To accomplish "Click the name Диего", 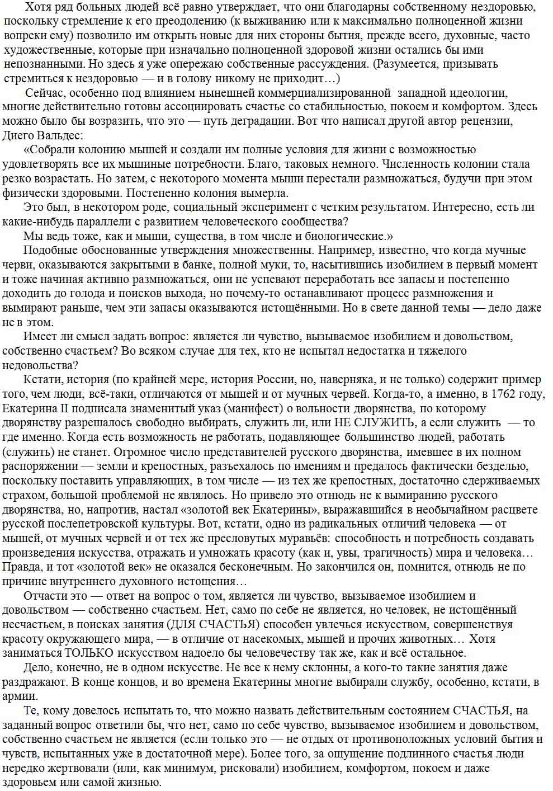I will (20, 135).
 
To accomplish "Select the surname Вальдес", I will (60, 135).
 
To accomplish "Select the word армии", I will (20, 696).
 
